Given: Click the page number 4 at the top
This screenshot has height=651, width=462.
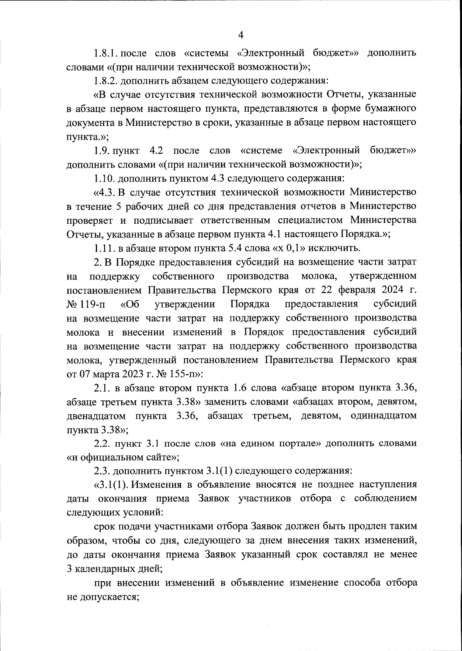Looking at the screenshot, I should click(x=241, y=35).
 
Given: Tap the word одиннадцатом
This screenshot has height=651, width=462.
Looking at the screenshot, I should click(x=384, y=416).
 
